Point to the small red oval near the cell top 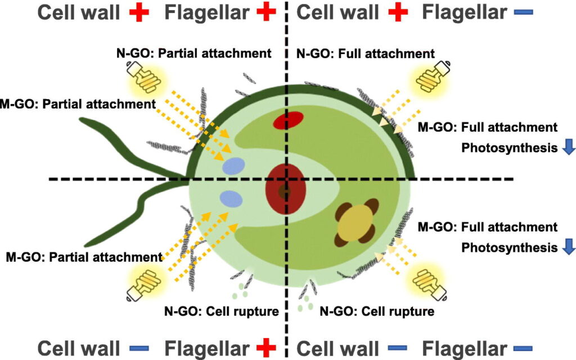289,120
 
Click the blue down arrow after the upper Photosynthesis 568,147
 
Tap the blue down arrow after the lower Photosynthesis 568,247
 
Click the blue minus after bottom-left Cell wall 138,348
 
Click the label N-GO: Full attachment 365,54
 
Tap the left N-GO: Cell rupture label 221,310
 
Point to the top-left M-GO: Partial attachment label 78,105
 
